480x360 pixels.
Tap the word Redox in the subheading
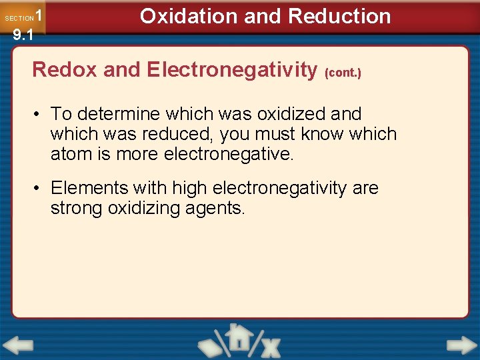(x=61, y=69)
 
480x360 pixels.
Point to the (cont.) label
(x=343, y=73)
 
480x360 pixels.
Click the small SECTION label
(x=19, y=19)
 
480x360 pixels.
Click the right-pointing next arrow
(x=462, y=346)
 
